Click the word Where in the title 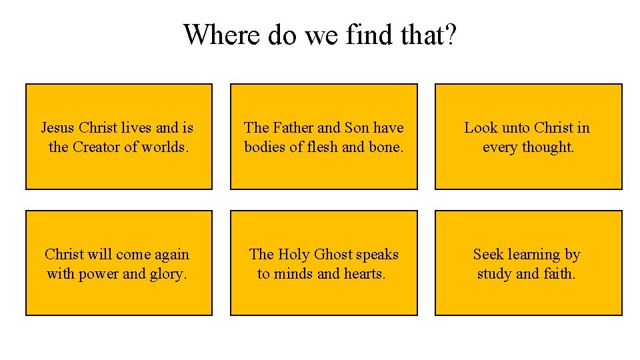[222, 34]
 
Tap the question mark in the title [451, 34]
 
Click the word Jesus [57, 127]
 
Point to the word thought [550, 147]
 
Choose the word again [171, 254]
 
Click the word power [99, 273]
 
